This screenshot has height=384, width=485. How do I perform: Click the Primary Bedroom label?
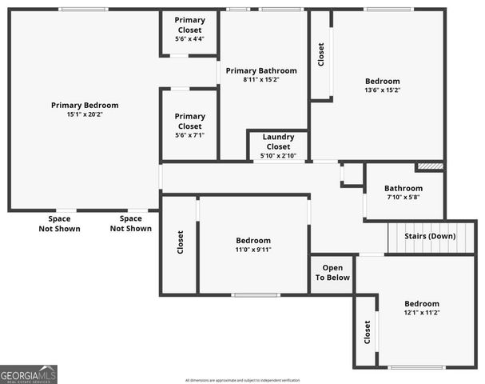85,105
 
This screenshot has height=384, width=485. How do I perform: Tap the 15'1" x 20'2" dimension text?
85,114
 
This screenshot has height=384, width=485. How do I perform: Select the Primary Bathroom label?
261,70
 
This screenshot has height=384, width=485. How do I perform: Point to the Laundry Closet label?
278,142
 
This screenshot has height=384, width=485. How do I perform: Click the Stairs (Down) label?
431,236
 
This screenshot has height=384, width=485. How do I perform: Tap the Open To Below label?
332,272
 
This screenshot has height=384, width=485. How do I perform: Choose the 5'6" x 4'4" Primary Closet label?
189,30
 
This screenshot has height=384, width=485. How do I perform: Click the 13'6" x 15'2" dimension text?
383,90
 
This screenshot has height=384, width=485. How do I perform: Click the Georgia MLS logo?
29,374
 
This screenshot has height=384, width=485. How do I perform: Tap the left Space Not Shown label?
59,223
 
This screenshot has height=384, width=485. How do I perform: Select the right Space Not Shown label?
130,223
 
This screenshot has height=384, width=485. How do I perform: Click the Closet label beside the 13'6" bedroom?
321,54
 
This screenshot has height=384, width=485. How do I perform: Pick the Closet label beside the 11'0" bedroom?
180,242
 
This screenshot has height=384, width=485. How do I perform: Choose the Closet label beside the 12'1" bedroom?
367,332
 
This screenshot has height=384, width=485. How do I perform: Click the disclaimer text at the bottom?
242,380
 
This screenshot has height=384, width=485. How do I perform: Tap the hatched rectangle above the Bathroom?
429,166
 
